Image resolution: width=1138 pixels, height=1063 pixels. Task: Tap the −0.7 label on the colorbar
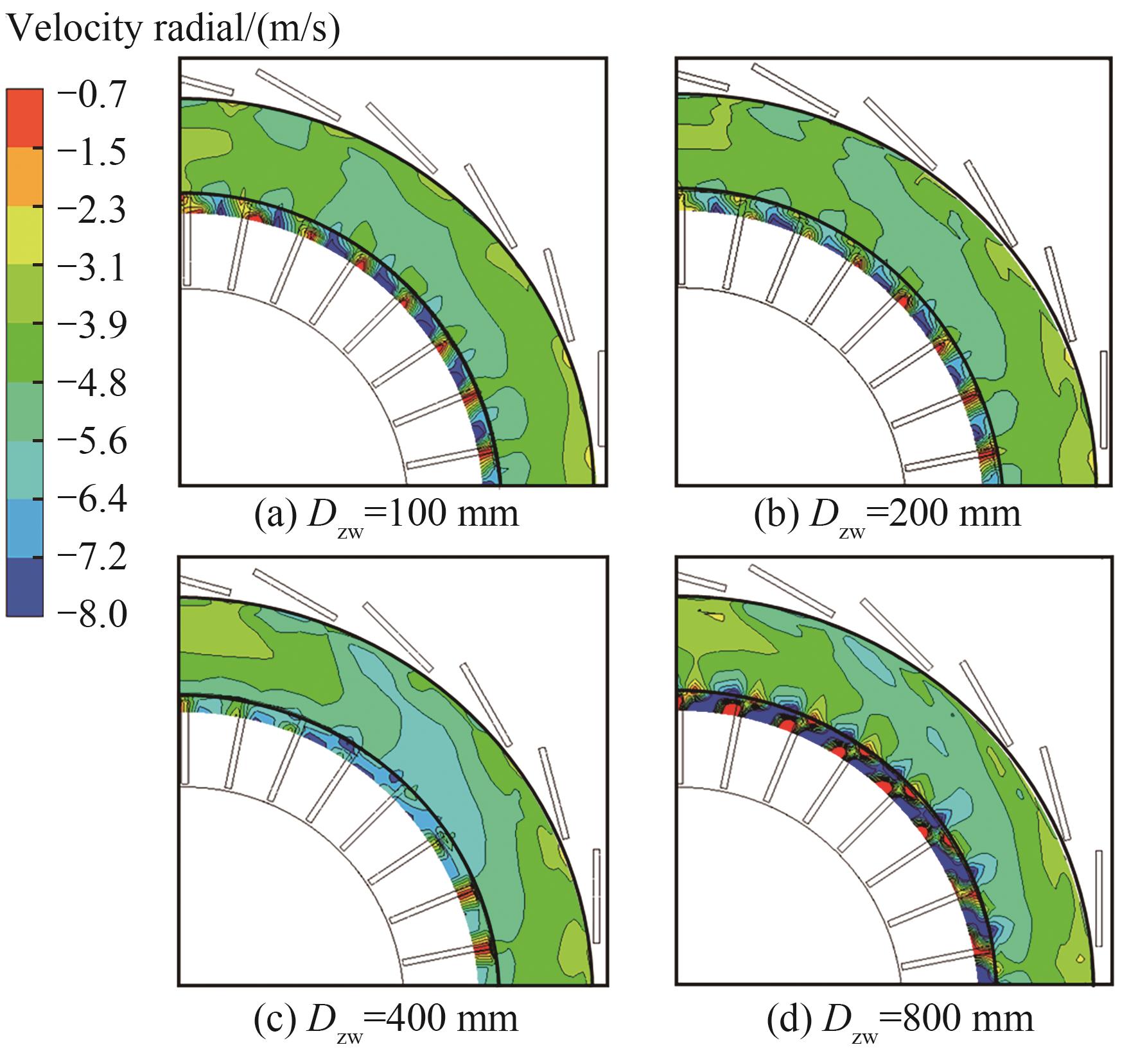(91, 96)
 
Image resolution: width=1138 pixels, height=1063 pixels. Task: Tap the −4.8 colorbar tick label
(91, 383)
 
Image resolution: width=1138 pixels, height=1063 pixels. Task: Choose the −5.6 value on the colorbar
(91, 441)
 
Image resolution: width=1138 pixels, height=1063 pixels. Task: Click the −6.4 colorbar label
(91, 499)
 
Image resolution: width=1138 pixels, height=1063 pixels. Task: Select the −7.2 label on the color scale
(91, 557)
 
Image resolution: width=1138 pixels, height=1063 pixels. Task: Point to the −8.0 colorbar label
(91, 614)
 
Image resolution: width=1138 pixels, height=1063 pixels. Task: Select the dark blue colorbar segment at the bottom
(24, 587)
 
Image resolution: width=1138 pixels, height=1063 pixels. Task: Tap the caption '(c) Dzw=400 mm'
(386, 1019)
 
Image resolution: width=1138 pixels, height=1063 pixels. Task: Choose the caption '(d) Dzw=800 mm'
(900, 1019)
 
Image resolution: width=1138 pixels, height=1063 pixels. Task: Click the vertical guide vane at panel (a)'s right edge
(602, 398)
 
